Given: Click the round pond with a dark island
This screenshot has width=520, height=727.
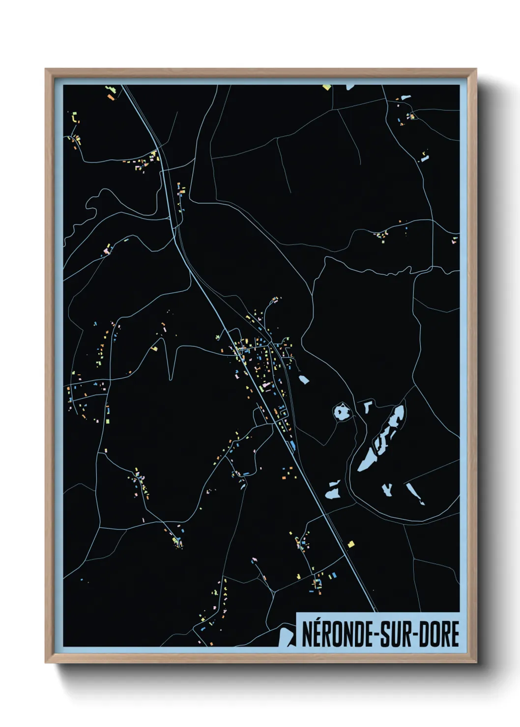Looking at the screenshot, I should (x=340, y=412).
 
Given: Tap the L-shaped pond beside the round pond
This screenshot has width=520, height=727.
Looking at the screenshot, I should (x=367, y=406).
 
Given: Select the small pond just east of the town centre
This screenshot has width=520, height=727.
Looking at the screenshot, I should (x=304, y=379).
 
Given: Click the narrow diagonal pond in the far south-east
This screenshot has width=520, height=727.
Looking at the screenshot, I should (x=415, y=493).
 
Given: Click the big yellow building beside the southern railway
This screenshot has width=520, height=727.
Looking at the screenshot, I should (x=350, y=544).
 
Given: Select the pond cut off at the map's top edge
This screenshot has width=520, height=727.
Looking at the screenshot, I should (x=350, y=87).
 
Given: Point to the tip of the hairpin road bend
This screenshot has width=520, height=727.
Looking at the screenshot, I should (x=170, y=378).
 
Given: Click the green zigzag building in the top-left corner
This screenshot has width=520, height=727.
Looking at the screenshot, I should (x=75, y=118).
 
